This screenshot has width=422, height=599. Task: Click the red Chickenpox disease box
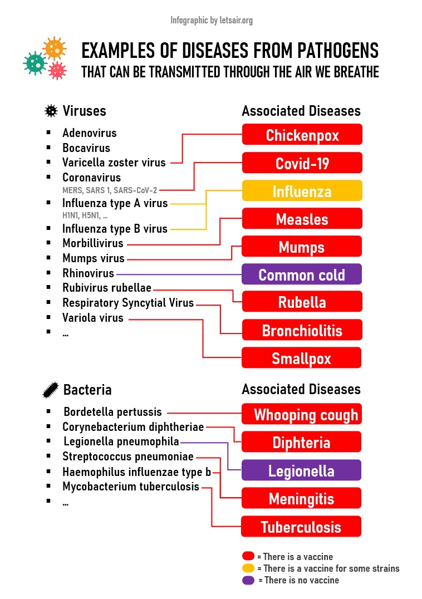302,135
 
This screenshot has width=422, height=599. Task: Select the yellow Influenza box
302,191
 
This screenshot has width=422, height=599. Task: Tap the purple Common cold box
302,274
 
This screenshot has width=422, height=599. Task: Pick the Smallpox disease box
301,358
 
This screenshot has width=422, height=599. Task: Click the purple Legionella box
301,470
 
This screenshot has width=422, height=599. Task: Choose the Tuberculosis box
301,527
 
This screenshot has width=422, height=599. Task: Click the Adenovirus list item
90,133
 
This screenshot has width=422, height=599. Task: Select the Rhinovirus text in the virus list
88,273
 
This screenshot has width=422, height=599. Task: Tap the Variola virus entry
93,318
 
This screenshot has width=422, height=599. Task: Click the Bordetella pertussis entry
112,413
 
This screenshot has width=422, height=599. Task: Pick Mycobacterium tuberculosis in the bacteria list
131,487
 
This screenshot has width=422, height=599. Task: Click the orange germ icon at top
54,48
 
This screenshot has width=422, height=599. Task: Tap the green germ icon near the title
35,62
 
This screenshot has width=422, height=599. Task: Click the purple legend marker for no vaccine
248,580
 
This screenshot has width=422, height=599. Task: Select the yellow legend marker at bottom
248,568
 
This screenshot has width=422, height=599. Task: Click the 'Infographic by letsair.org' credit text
212,21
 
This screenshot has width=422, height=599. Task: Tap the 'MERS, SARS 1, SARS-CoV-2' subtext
110,190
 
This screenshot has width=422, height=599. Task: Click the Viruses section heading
84,111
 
